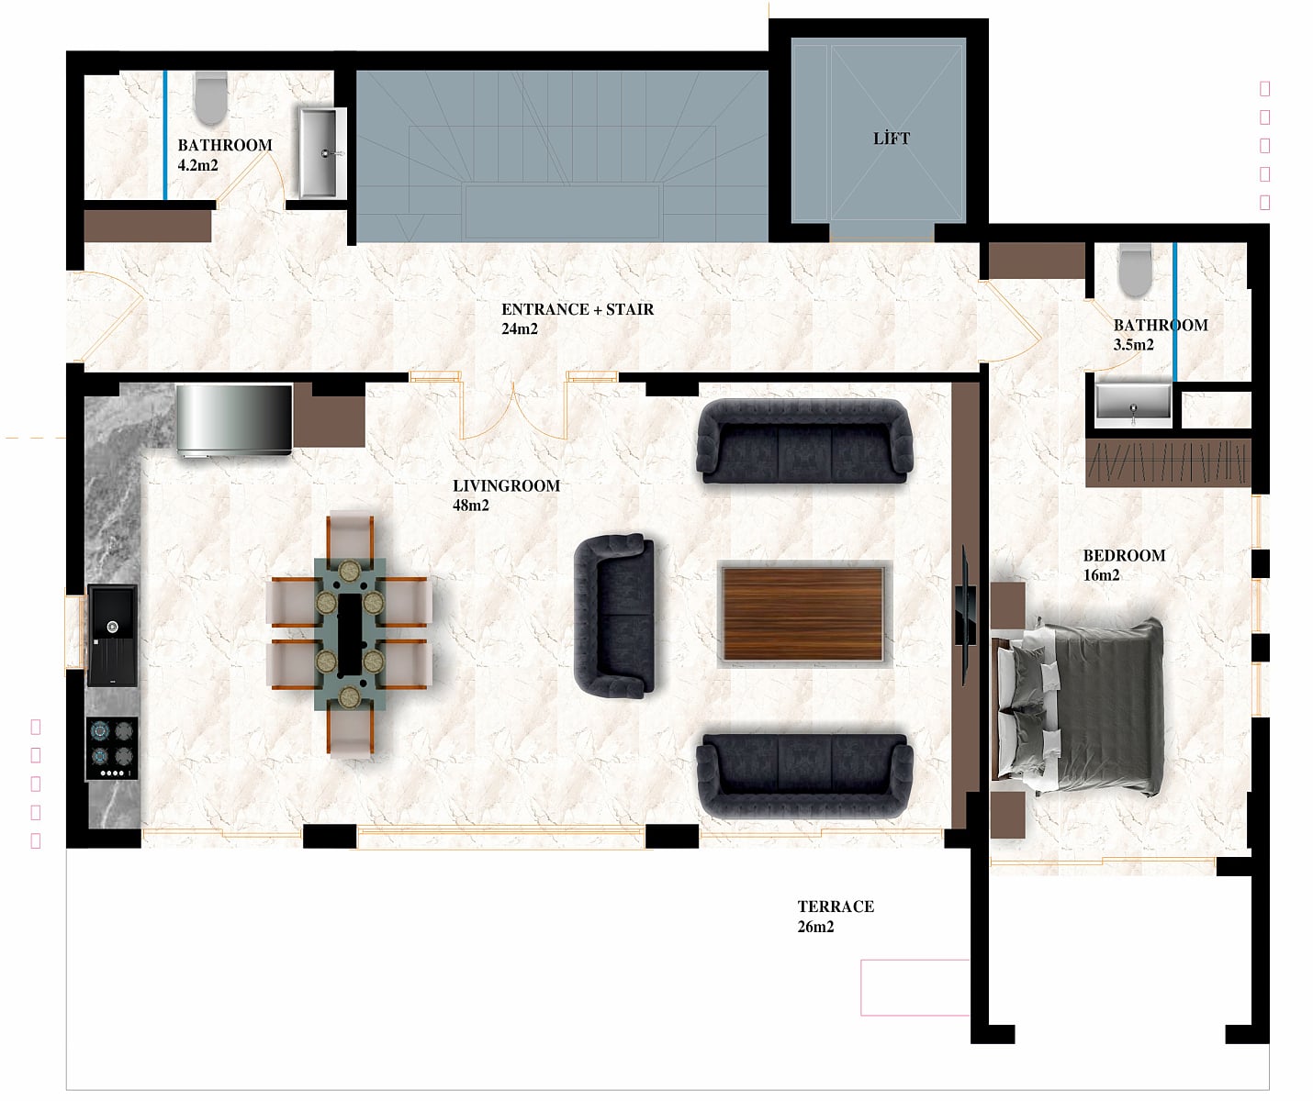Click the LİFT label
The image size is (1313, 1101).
coord(891,139)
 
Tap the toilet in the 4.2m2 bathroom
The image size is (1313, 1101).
coord(210,98)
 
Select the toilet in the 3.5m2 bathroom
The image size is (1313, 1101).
coord(1135,271)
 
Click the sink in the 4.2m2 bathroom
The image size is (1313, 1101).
coord(320,152)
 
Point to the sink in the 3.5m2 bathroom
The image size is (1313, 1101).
coord(1133,401)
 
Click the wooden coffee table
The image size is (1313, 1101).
coord(804,614)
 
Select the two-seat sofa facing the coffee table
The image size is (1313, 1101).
coord(615,617)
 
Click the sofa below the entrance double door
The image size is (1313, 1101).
coord(804,441)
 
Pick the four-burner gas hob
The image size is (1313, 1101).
coord(112,749)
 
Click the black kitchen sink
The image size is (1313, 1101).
coord(112,635)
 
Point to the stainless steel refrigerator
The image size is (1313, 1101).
coord(234,420)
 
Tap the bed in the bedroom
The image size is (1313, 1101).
coord(1078,707)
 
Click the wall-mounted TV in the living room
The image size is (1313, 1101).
coord(965,616)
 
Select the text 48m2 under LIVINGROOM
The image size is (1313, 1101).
coord(470,506)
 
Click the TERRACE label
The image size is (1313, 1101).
coord(836,906)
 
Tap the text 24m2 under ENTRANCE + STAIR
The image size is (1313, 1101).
coord(520,328)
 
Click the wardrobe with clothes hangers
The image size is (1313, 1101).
coord(1168,462)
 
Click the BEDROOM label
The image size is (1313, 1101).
coord(1124,555)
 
